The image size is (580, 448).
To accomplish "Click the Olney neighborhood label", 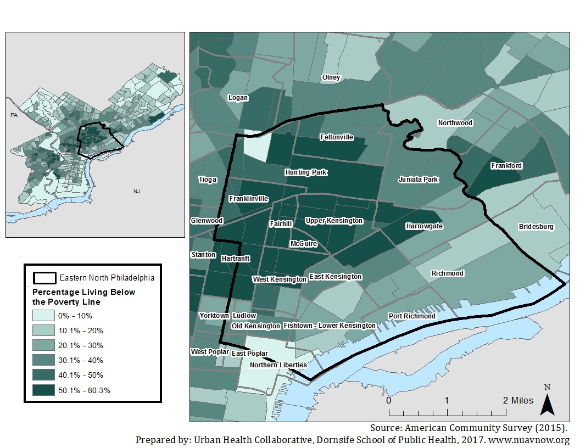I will pyautogui.click(x=331, y=77).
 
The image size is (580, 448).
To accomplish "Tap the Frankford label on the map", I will pyautogui.click(x=506, y=165).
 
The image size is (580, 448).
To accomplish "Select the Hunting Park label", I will pyautogui.click(x=306, y=172).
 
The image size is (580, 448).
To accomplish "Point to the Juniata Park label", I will pyautogui.click(x=418, y=180).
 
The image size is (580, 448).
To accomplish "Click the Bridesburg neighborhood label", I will pyautogui.click(x=536, y=227).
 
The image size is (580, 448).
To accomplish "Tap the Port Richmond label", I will pyautogui.click(x=411, y=316).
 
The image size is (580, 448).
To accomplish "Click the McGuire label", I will pyautogui.click(x=303, y=244).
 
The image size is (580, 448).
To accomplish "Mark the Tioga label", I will pyautogui.click(x=207, y=180).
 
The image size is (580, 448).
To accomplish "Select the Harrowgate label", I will pyautogui.click(x=424, y=226).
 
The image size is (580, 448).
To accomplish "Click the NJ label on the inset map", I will pyautogui.click(x=137, y=192).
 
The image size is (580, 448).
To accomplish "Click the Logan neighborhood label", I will pyautogui.click(x=238, y=98).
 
